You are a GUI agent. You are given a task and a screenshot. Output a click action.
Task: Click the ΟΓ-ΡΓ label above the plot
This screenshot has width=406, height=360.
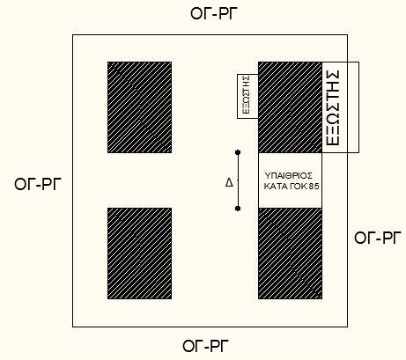pyautogui.click(x=214, y=14)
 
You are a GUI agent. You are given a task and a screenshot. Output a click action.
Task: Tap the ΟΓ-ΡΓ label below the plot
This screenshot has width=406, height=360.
pyautogui.click(x=206, y=346)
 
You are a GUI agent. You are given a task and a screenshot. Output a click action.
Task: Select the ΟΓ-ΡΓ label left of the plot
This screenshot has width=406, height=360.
pyautogui.click(x=38, y=185)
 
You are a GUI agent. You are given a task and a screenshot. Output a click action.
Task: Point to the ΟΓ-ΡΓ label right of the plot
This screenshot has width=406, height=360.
pyautogui.click(x=378, y=238)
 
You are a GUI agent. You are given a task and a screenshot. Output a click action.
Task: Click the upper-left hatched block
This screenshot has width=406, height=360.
pyautogui.click(x=139, y=107)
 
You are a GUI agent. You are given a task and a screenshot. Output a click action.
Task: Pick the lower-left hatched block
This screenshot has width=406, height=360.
pyautogui.click(x=139, y=253)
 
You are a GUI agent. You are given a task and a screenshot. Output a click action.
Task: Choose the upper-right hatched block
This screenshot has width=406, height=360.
pyautogui.click(x=290, y=107)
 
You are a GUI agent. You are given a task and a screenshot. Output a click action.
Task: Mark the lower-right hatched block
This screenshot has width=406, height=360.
pyautogui.click(x=290, y=253)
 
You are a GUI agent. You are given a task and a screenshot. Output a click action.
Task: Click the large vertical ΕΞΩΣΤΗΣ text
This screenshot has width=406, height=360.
pyautogui.click(x=333, y=108)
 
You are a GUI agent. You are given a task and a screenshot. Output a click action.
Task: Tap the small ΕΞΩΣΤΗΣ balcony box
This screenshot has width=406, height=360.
pyautogui.click(x=247, y=96)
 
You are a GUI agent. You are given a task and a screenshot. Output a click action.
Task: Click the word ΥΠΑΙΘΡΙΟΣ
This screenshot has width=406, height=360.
pyautogui.click(x=289, y=176)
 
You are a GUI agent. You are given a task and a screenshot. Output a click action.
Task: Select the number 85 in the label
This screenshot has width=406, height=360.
pyautogui.click(x=314, y=187)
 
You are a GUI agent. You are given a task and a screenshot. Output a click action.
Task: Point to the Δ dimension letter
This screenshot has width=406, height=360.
pyautogui.click(x=229, y=183)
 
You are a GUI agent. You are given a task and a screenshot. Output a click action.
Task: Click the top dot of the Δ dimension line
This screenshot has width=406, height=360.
pyautogui.click(x=238, y=152)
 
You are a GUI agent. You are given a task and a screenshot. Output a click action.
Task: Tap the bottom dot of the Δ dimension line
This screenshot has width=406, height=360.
pyautogui.click(x=238, y=209)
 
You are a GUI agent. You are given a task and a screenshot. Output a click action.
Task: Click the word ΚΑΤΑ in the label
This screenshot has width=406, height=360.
pyautogui.click(x=274, y=187)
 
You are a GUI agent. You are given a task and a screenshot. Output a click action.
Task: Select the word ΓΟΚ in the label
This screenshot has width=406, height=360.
pyautogui.click(x=297, y=187)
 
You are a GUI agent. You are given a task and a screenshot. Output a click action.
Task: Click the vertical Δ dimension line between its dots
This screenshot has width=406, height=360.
pyautogui.click(x=238, y=180)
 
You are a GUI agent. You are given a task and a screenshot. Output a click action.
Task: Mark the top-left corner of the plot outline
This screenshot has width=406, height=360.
pyautogui.click(x=73, y=35)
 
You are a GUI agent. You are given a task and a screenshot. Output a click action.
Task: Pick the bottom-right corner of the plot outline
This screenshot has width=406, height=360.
pyautogui.click(x=348, y=327)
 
